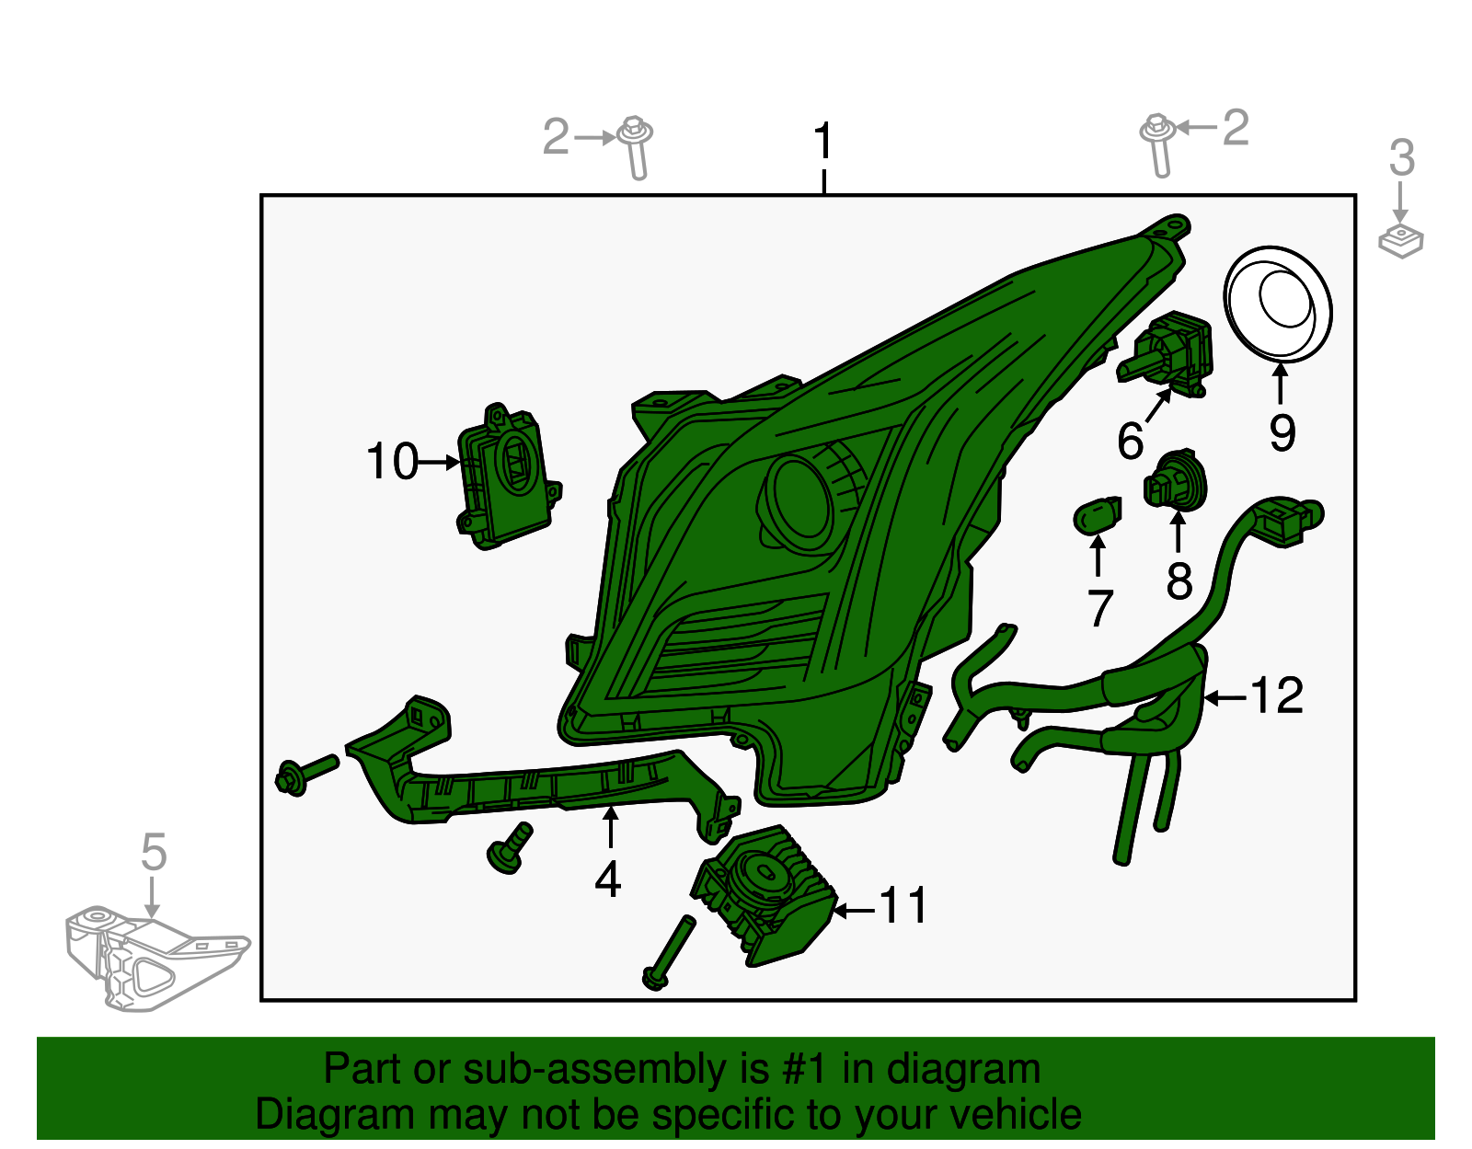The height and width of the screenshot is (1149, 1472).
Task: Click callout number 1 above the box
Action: point(822,141)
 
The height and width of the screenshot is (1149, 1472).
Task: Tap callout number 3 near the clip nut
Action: point(1401,157)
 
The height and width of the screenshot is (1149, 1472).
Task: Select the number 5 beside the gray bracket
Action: point(154,852)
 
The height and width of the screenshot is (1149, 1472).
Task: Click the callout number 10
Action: point(392,462)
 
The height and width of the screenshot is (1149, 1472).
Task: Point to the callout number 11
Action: point(903,905)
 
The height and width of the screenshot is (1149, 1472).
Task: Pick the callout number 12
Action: point(1276,695)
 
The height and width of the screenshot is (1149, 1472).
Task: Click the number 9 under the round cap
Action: point(1282,432)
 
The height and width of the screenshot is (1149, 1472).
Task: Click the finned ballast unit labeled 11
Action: point(765,896)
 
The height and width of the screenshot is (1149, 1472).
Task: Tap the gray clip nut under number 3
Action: point(1401,241)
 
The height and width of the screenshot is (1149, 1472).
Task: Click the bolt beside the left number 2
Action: point(636,148)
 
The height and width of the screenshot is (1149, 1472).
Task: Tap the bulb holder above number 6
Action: point(1165,353)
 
